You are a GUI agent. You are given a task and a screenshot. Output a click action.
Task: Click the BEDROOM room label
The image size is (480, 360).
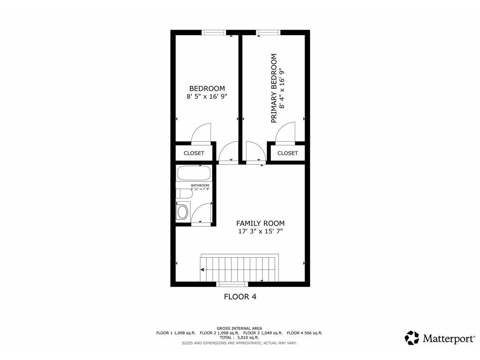[207, 88]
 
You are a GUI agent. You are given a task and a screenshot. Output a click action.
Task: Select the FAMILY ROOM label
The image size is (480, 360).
[260, 223]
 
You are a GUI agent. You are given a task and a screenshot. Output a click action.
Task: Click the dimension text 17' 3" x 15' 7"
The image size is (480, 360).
[260, 232]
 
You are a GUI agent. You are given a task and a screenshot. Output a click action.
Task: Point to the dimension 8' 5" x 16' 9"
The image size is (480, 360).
[207, 97]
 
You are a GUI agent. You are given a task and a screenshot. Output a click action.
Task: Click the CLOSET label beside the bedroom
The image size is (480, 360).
[194, 153]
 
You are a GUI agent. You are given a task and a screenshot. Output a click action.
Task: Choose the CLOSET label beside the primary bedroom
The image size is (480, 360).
[287, 153]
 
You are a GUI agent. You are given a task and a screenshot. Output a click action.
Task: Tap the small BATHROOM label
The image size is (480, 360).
[200, 186]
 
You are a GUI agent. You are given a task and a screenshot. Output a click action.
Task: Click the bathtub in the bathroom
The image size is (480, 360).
[194, 173]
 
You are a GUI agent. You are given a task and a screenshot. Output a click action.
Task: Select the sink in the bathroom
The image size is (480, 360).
[182, 212]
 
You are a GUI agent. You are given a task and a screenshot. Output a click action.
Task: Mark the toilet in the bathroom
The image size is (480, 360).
[183, 194]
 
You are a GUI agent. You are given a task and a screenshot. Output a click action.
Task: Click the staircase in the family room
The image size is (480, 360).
[239, 269]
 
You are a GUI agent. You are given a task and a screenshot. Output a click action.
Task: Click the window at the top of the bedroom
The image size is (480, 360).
[214, 32]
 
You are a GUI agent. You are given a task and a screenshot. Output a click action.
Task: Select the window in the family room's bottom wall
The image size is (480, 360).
[232, 284]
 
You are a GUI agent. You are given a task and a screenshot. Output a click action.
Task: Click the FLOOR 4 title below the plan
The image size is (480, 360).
[240, 296]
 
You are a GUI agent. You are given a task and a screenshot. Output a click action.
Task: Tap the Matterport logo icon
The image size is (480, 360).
[412, 338]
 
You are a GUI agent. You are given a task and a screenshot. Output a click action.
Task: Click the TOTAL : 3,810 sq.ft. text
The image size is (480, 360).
[240, 337]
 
